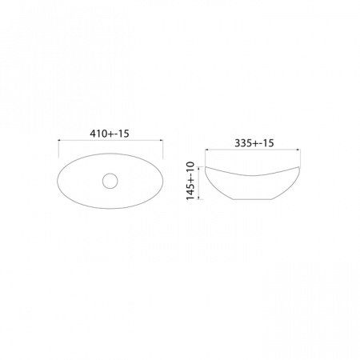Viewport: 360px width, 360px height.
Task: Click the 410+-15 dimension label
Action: click(110, 134)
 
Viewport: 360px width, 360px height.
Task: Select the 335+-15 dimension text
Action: click(254, 143)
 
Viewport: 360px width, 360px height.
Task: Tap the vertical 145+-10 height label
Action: click(191, 181)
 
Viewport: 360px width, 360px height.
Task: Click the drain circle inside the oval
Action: click(110, 181)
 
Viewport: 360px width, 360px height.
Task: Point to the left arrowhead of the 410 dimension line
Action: click(60, 140)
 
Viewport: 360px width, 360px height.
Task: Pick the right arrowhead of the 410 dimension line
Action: click(161, 140)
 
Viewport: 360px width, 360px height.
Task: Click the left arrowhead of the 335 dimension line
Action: click(206, 150)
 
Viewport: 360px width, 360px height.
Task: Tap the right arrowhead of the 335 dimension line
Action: click(298, 150)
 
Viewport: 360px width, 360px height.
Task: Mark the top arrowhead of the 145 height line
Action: click(198, 168)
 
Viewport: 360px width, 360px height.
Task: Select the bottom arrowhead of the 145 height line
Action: click(198, 198)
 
